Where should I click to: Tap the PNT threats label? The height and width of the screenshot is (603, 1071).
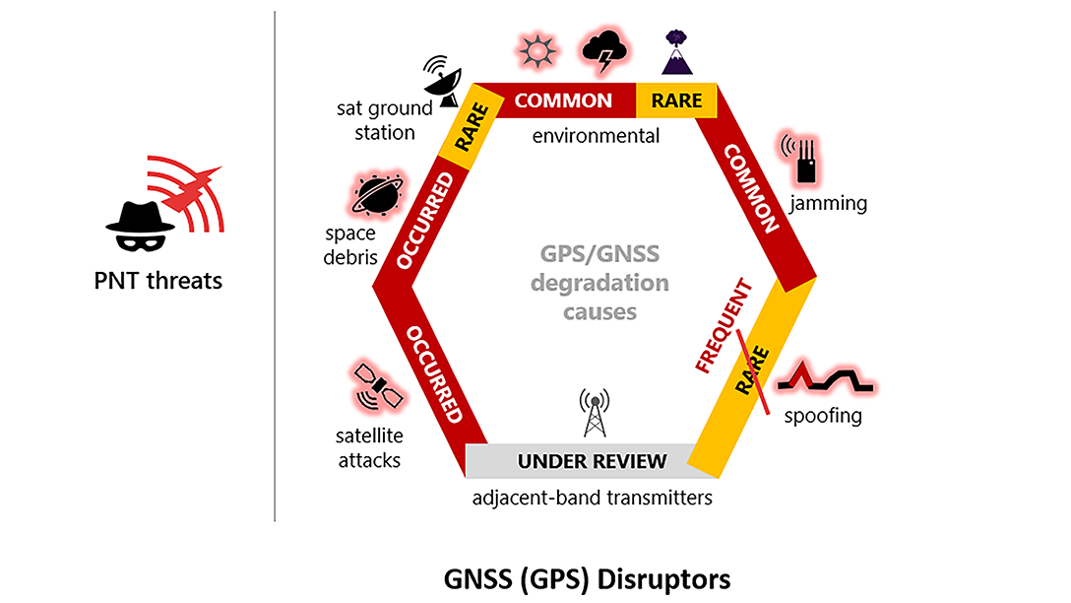[158, 281]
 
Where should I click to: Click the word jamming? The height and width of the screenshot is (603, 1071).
[828, 204]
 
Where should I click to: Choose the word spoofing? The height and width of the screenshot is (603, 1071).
[822, 416]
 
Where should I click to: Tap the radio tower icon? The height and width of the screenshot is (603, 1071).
[593, 413]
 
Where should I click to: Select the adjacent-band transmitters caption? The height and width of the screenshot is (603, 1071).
[592, 498]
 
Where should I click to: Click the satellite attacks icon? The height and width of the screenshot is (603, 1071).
[379, 387]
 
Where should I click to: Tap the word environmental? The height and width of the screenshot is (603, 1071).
[596, 135]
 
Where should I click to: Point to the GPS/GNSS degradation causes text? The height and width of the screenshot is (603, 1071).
[599, 283]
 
